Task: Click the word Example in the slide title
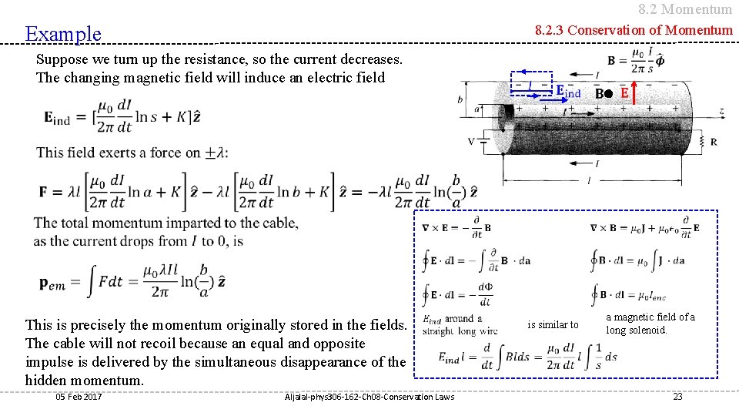63,34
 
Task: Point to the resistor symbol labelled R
704,141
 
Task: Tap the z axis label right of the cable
721,112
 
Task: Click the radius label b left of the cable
460,99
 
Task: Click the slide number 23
677,396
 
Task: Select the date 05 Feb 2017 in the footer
79,396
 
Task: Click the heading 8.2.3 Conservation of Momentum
634,31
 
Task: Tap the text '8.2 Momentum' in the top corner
685,9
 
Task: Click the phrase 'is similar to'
553,324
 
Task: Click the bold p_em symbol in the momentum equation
53,282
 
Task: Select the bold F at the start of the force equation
44,191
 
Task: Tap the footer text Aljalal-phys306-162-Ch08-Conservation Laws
369,396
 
